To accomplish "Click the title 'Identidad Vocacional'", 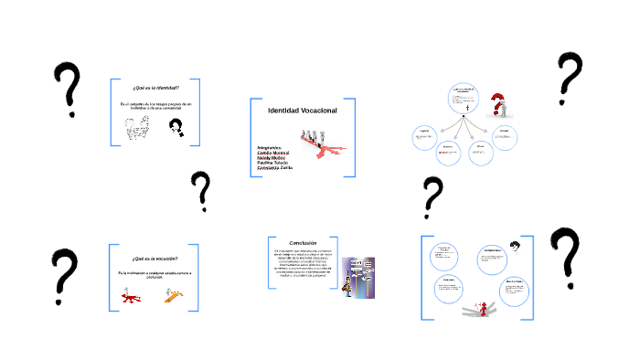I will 303,111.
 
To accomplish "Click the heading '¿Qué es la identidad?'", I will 155,88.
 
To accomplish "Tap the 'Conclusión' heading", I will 303,242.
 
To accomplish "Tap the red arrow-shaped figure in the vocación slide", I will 133,296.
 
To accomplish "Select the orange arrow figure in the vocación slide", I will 172,294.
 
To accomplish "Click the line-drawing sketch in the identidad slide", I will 142,134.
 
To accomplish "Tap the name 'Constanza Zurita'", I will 280,168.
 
